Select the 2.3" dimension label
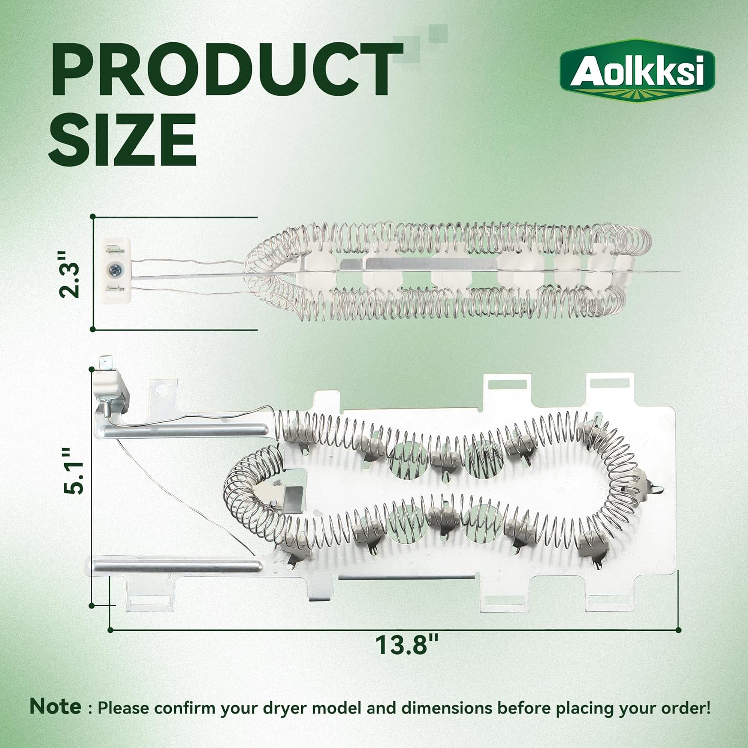(69, 274)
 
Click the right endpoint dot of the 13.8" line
(678, 630)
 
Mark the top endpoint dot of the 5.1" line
(92, 370)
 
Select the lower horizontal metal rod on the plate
(177, 566)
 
